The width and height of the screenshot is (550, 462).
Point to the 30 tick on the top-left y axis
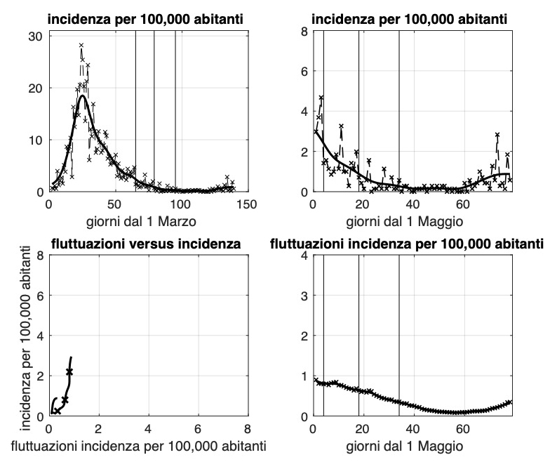pos(36,36)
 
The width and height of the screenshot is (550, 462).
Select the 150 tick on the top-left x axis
pos(247,204)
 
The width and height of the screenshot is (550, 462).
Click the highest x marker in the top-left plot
pos(81,46)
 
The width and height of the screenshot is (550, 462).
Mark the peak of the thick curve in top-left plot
pos(82,96)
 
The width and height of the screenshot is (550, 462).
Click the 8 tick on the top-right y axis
pos(304,32)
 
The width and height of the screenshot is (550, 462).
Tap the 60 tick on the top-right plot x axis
pos(462,204)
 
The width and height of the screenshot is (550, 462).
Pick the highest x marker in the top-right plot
pos(321,98)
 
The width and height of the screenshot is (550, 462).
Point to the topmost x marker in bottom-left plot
pos(69,371)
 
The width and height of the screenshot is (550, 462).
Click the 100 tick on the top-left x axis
pos(180,204)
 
